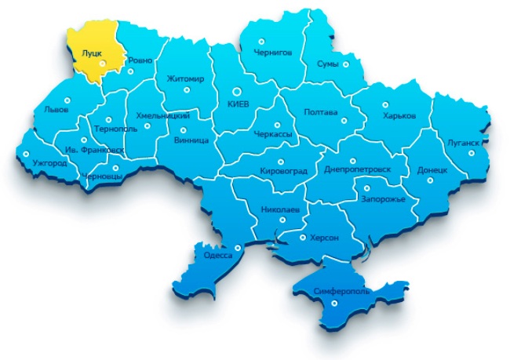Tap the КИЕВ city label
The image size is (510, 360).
pos(236,104)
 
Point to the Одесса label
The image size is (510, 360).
pos(217,256)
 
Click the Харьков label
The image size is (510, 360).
pos(399,116)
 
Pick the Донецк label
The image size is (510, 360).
pos(432,169)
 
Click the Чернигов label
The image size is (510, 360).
pos(273,52)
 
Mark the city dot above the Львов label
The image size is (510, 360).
pos(66,100)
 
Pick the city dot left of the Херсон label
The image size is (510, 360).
pos(303,236)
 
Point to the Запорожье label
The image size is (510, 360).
pos(383,199)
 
